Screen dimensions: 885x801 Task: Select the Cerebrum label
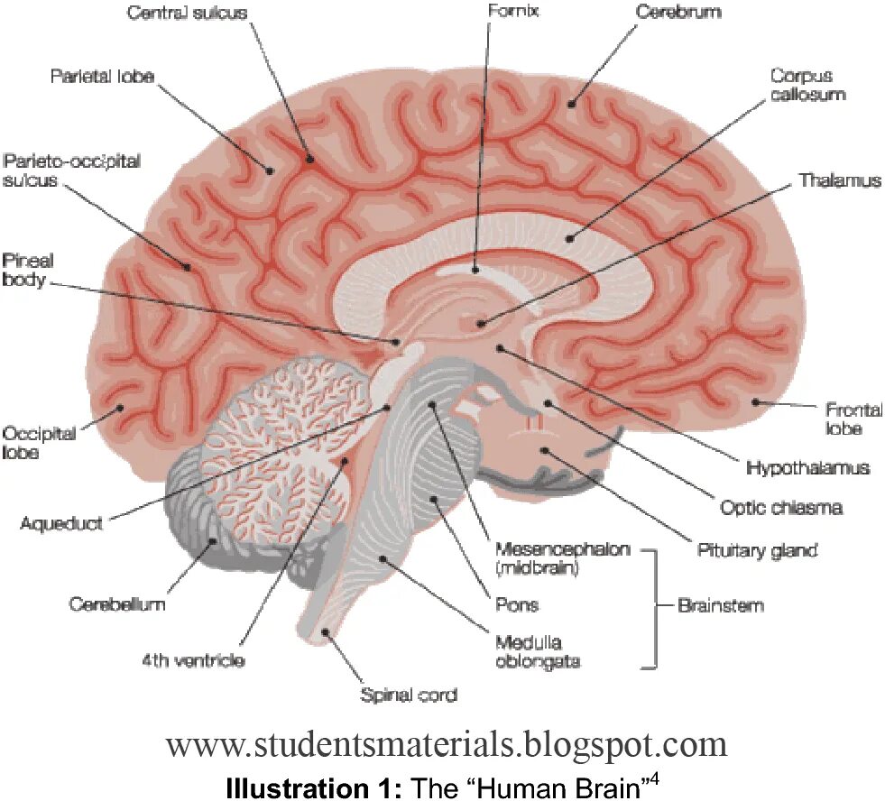(678, 13)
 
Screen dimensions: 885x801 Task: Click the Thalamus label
(839, 180)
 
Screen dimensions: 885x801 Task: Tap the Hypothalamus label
(807, 468)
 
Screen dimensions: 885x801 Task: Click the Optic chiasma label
(781, 507)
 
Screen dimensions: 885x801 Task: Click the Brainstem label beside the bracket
(720, 605)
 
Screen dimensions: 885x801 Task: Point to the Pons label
(517, 604)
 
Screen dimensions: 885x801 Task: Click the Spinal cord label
(409, 695)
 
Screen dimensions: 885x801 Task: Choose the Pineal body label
(27, 270)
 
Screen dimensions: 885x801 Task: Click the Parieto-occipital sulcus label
(72, 170)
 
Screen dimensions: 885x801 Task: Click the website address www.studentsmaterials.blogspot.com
(446, 745)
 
